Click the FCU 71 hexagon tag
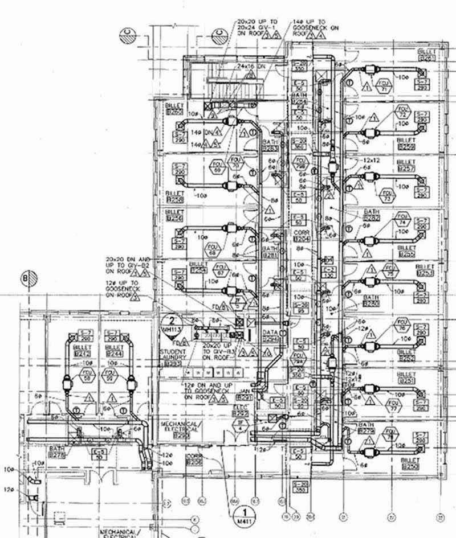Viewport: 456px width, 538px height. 384,85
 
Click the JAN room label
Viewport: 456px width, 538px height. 244,397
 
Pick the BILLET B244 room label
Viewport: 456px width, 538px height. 114,350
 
